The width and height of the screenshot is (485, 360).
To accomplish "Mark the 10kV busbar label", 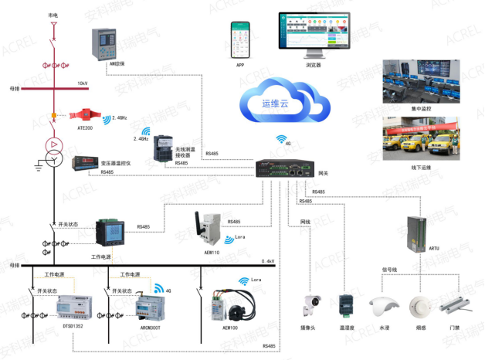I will pos(82,83).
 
